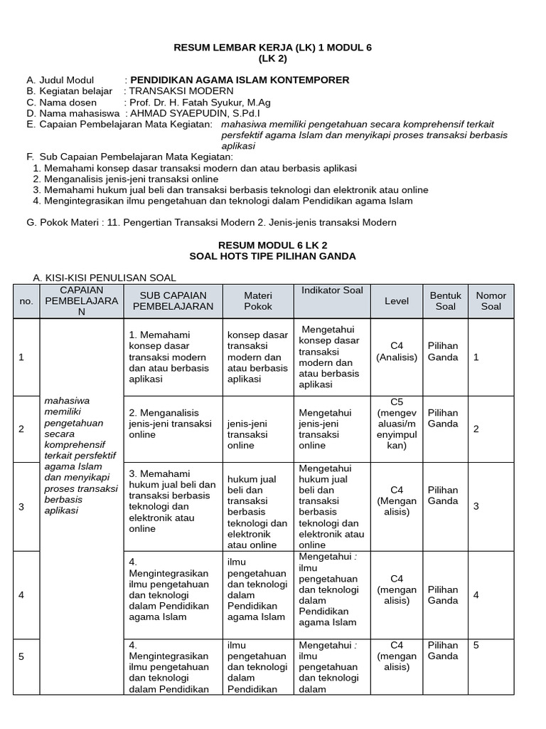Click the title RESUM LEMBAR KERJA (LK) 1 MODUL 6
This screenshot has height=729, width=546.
click(273, 48)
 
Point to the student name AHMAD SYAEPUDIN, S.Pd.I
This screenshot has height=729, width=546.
click(193, 112)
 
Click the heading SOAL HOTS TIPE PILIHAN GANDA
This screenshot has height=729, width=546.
click(273, 256)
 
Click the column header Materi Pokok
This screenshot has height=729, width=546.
click(258, 300)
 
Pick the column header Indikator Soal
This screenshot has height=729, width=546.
click(332, 290)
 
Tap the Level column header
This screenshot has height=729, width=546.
click(397, 300)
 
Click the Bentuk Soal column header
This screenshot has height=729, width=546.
click(446, 300)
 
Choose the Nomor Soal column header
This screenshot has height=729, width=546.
click(491, 300)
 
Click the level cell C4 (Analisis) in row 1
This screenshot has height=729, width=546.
click(397, 351)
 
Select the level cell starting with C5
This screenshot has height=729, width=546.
click(397, 424)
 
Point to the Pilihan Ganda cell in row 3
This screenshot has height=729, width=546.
click(443, 495)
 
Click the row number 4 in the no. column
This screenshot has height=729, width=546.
click(21, 594)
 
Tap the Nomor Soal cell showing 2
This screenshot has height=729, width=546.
click(476, 429)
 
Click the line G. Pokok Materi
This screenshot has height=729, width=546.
click(211, 223)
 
